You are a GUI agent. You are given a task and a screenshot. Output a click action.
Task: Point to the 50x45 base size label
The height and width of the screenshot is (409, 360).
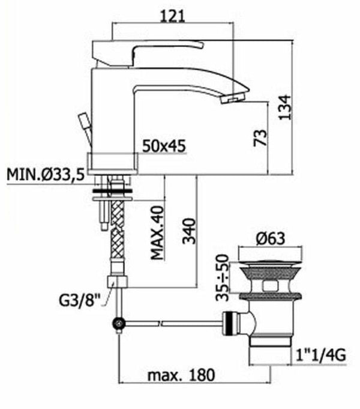click(164, 146)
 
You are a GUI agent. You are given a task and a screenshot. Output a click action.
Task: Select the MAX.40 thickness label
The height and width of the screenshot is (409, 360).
click(157, 231)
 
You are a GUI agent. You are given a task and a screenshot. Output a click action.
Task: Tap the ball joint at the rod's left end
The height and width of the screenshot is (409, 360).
click(119, 325)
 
